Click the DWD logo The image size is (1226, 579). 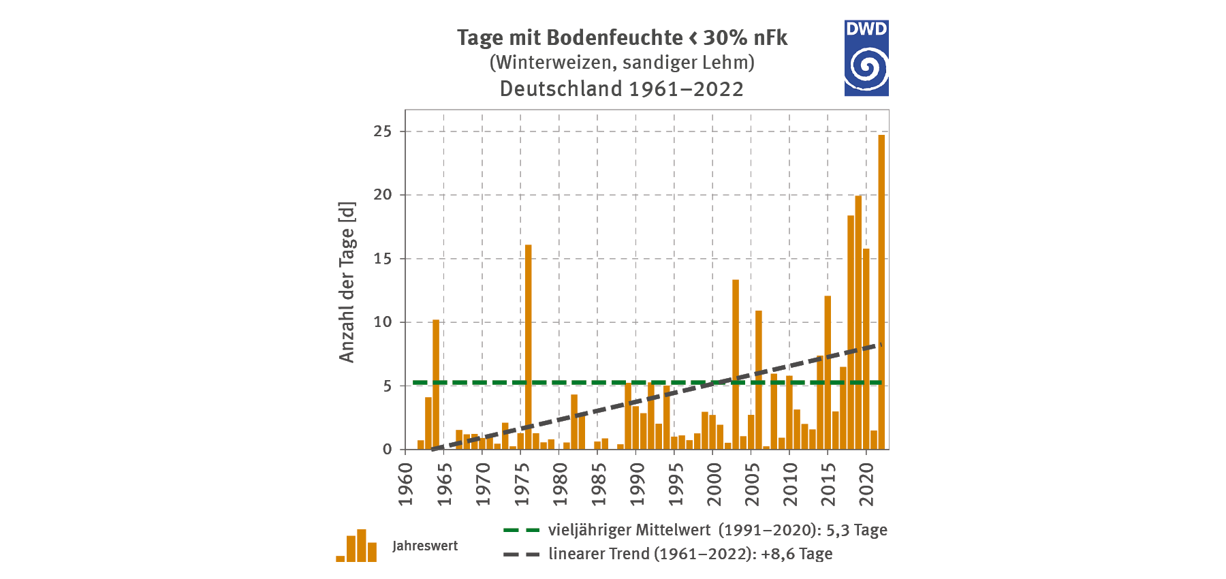[866, 58]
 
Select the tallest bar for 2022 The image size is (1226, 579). [881, 293]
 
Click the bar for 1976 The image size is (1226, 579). [529, 347]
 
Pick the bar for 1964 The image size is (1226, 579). [436, 385]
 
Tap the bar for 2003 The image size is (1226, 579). [736, 364]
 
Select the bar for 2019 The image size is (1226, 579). [858, 324]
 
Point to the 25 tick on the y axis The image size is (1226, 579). [383, 131]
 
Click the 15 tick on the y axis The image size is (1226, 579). [383, 259]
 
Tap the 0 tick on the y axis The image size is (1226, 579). [388, 450]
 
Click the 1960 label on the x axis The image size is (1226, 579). [406, 484]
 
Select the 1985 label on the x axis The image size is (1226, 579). [598, 484]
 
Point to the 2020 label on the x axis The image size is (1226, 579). [866, 484]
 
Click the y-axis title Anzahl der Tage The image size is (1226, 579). [347, 282]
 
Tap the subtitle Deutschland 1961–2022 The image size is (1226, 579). [621, 89]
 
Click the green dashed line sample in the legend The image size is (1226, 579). [521, 530]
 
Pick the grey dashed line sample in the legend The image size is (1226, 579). [521, 554]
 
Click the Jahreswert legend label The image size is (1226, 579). [425, 546]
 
